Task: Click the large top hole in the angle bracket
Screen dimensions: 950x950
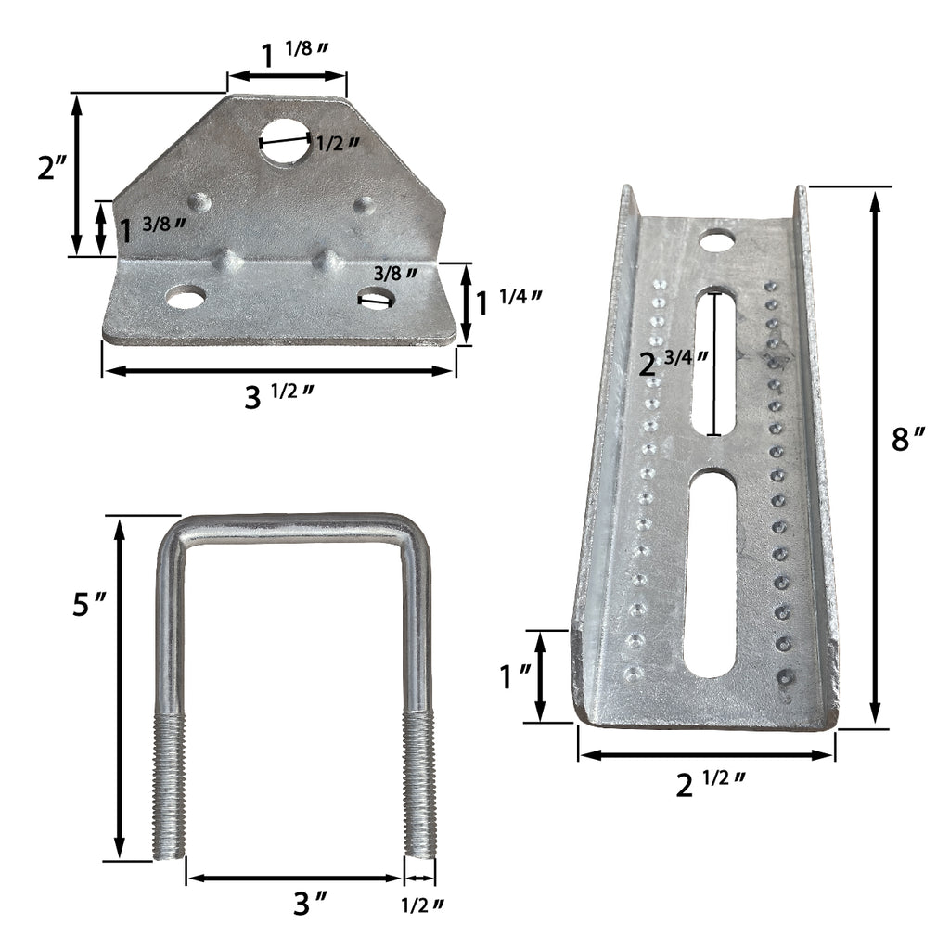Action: point(286,141)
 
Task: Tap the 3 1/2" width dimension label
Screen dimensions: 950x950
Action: point(276,396)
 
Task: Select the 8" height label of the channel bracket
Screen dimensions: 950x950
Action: point(908,439)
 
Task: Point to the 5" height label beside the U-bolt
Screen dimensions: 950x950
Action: point(90,605)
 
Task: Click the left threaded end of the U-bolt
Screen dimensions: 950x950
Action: point(170,789)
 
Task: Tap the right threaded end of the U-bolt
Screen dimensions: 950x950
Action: point(419,789)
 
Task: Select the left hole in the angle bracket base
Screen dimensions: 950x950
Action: point(185,297)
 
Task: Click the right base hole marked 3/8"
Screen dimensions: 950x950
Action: point(376,299)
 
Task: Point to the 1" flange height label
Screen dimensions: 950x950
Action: point(515,676)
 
